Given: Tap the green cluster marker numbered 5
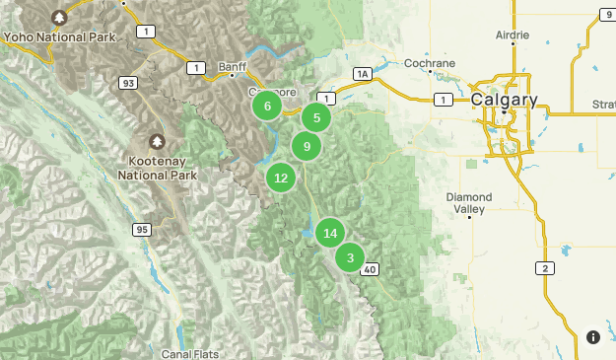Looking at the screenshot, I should click(316, 118).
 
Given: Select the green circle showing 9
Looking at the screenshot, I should click(307, 147).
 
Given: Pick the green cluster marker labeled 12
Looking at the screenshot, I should click(281, 178).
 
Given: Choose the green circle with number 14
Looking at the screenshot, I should click(330, 233).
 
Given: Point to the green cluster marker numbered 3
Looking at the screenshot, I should click(350, 257).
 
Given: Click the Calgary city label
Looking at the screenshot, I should click(504, 100).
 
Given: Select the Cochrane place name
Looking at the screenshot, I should click(430, 63).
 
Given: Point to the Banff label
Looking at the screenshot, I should click(233, 66).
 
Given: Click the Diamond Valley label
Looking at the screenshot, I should click(468, 202).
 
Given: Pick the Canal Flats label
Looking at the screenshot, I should click(191, 352).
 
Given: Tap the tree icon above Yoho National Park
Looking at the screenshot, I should click(60, 17).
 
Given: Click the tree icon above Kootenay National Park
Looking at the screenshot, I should click(157, 142).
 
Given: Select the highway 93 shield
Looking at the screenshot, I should click(128, 84).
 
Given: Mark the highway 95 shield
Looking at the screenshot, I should click(144, 230).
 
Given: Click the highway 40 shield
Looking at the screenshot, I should click(370, 268).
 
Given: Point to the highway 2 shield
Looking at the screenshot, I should click(544, 267).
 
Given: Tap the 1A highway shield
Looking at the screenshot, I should click(363, 74).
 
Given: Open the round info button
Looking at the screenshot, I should click(593, 337).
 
